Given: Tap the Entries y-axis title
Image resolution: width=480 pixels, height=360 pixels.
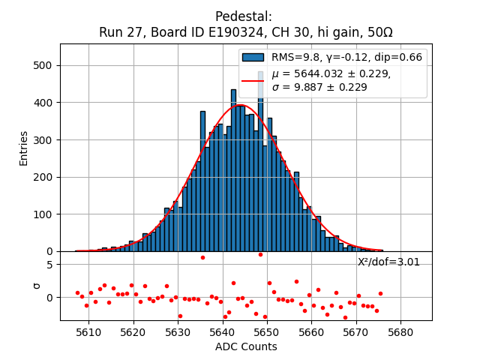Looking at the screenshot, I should click(x=24, y=148).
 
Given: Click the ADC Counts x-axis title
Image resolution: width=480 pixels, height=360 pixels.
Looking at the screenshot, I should click(x=246, y=346).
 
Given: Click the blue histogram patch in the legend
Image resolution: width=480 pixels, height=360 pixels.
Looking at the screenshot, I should click(x=253, y=57).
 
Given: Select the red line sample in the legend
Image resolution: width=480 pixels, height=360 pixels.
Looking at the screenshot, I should click(x=253, y=79).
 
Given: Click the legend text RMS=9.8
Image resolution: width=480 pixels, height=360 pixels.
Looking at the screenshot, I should click(x=294, y=57).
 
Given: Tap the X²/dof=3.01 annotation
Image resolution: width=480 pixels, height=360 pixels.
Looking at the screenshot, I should click(x=388, y=262).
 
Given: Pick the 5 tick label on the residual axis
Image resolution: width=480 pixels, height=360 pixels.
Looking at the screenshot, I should click(x=49, y=265).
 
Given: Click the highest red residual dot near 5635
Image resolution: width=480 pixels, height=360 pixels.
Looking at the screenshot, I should click(x=202, y=257).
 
